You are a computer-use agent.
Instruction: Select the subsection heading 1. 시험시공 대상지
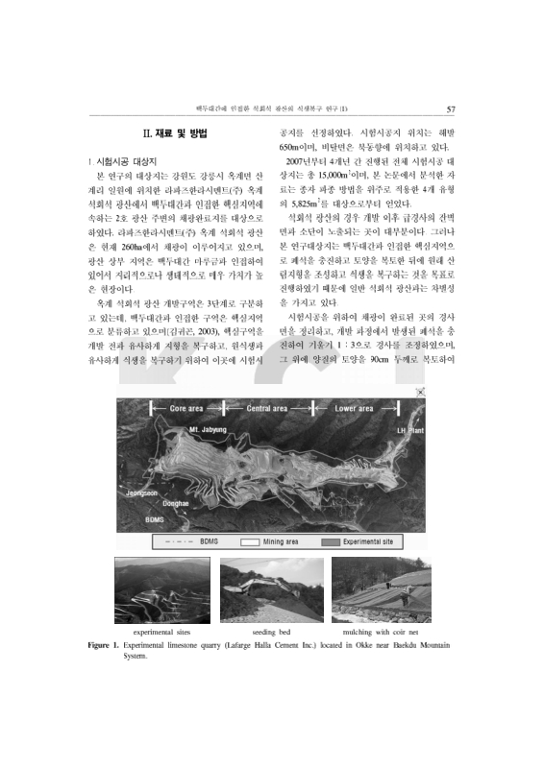pyautogui.click(x=128, y=163)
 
